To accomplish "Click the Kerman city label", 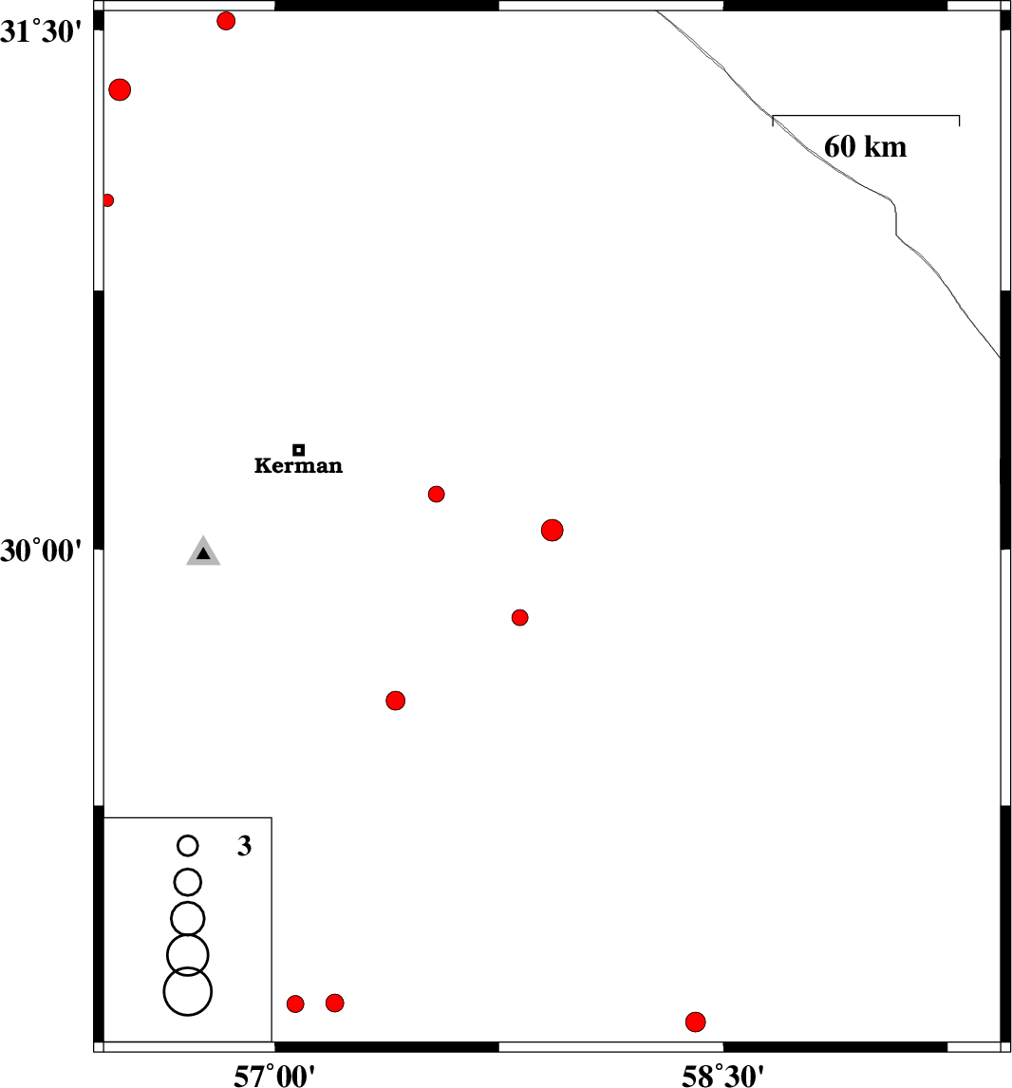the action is [298, 465].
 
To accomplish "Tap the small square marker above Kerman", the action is [299, 450].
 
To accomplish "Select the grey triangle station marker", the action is [203, 551].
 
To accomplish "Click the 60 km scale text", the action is [865, 147].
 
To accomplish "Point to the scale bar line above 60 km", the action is [866, 116].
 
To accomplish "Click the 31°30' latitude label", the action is [41, 32].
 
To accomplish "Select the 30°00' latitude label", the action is [41, 551].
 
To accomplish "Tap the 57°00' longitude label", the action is [274, 1075].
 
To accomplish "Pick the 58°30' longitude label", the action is [722, 1075].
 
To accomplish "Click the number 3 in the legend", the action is [244, 846].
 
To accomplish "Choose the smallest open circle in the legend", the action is [188, 846].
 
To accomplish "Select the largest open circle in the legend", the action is [188, 991].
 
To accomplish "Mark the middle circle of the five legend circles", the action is [188, 919].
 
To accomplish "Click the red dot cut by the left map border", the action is [107, 200].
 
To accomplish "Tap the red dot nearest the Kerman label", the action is [437, 494].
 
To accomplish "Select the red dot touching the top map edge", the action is [226, 21].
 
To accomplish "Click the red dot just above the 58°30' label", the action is [696, 1022].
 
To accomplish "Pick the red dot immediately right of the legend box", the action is [295, 1004].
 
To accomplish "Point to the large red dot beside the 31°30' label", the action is [120, 89].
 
